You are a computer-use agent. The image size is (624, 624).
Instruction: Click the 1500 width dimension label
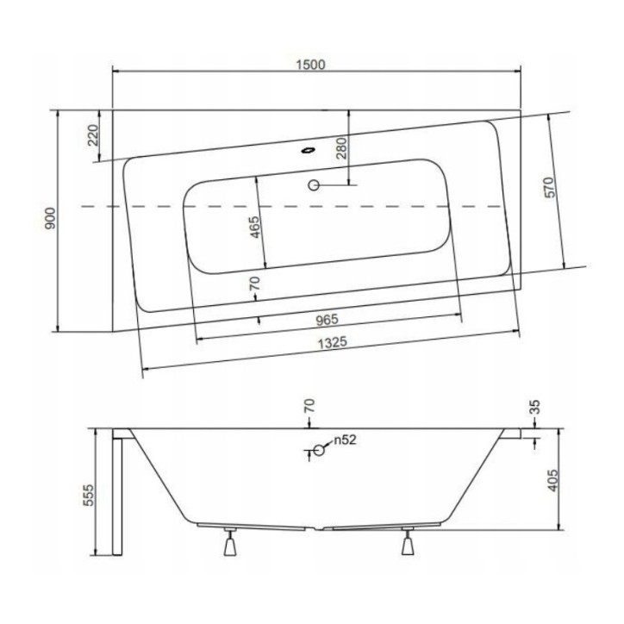point(311,65)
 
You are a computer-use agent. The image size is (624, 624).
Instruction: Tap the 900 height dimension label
point(51,218)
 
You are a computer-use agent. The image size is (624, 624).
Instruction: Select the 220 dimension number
point(93,135)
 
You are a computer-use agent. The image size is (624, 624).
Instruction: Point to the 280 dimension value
point(342,147)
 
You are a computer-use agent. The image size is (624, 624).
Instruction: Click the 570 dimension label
point(549,187)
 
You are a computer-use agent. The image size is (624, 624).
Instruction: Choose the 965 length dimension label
point(327,320)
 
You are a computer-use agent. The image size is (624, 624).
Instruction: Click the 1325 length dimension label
point(333,343)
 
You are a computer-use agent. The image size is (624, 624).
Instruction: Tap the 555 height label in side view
point(89,495)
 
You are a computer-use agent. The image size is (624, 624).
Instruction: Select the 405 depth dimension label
point(553,480)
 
